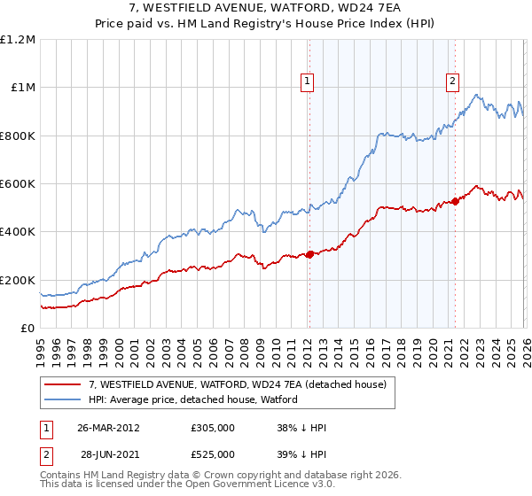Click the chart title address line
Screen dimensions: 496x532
coord(266,9)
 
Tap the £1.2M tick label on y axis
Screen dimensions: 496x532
coord(18,40)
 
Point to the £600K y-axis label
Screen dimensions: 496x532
coord(18,184)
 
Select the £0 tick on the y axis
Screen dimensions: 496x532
coord(27,329)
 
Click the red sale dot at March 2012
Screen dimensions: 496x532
coord(309,255)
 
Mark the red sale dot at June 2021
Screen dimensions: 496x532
coord(455,202)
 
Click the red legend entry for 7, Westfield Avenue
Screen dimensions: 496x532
coord(238,385)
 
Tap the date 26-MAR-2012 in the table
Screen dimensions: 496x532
coord(108,427)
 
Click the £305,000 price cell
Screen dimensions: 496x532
coord(213,427)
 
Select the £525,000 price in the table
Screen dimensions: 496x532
coord(213,454)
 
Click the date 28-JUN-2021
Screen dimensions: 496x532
coord(108,454)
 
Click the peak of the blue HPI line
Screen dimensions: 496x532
coord(476,95)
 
